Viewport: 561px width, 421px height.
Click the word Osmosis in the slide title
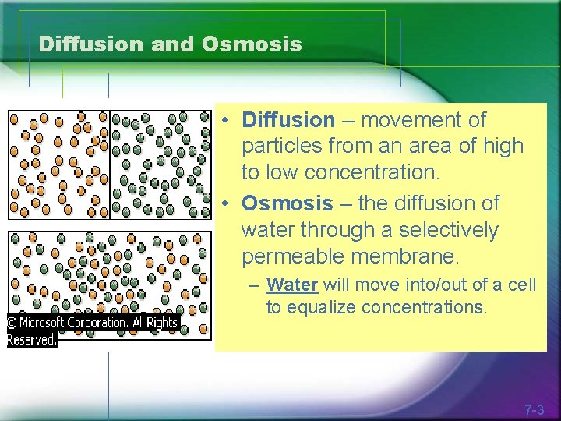(x=251, y=44)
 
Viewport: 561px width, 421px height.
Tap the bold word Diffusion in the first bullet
(x=288, y=120)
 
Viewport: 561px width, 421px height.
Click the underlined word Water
(x=293, y=285)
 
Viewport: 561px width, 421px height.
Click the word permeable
(x=288, y=256)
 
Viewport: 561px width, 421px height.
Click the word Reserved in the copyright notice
(x=31, y=340)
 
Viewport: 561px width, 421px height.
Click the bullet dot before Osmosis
(x=223, y=204)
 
